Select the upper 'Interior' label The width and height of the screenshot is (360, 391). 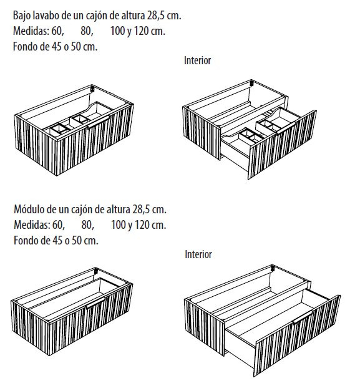tap(197, 60)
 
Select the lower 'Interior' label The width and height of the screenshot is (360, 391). tap(198, 254)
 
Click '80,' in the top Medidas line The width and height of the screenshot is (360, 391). tap(87, 31)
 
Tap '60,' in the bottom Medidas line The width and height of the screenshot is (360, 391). tap(59, 224)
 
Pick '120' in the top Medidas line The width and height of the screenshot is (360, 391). tap(142, 31)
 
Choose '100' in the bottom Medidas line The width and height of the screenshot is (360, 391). tap(119, 224)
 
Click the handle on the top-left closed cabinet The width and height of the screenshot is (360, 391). tap(98, 122)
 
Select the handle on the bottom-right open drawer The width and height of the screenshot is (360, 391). tap(303, 317)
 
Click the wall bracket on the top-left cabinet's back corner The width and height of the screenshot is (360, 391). tap(92, 89)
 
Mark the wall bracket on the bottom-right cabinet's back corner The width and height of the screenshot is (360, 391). tap(273, 269)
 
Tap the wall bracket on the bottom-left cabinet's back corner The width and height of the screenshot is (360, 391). tap(96, 271)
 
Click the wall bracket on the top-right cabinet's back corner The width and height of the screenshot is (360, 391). tap(251, 84)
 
